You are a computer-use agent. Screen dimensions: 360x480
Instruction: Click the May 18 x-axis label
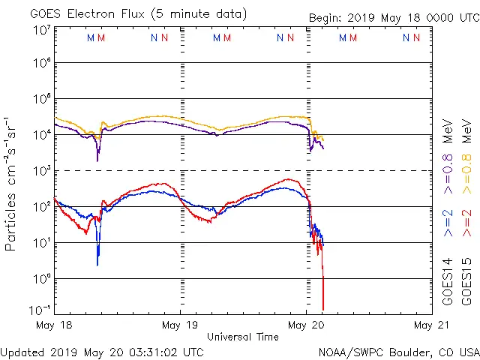click(53, 325)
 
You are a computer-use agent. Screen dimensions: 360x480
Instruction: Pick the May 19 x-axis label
click(180, 325)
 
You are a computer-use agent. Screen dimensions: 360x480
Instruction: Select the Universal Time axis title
click(243, 337)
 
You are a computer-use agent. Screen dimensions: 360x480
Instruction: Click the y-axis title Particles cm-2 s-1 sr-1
click(12, 184)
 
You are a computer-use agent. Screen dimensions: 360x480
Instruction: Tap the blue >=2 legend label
click(448, 221)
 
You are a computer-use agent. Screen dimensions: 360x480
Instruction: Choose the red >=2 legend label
click(466, 221)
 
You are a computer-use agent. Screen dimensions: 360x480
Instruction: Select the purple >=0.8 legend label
click(448, 154)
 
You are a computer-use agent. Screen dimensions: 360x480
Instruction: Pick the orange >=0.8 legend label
click(466, 154)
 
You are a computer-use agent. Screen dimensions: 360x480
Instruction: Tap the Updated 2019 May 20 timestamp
click(101, 351)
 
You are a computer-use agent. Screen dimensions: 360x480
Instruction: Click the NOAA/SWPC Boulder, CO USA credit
click(398, 351)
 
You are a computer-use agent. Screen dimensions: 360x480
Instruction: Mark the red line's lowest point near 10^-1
click(323, 309)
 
